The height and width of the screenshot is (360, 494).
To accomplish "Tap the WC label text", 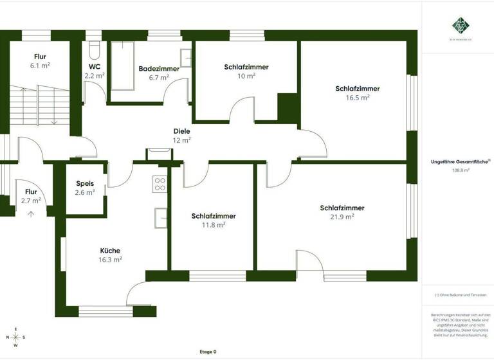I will tap(95, 66).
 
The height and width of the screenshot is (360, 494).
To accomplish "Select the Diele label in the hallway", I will tap(182, 131).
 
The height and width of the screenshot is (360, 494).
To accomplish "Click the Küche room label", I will tap(110, 251).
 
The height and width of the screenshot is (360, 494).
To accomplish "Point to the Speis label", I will tap(85, 183).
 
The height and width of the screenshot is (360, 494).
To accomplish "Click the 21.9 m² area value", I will tap(342, 217).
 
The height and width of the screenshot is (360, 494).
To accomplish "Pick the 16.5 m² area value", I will tap(357, 98).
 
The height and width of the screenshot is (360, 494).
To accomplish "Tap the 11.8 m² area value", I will tap(213, 225).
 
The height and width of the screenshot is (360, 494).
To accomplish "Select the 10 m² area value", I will tap(246, 75).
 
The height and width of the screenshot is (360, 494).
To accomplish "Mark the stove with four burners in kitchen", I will tap(160, 184).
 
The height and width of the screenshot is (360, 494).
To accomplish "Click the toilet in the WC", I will tap(94, 51).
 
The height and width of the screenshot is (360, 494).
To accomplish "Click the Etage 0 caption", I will tap(208, 352).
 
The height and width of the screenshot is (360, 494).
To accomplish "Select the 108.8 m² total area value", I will tap(461, 170).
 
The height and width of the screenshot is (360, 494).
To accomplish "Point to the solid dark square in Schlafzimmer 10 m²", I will tap(288, 107).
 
